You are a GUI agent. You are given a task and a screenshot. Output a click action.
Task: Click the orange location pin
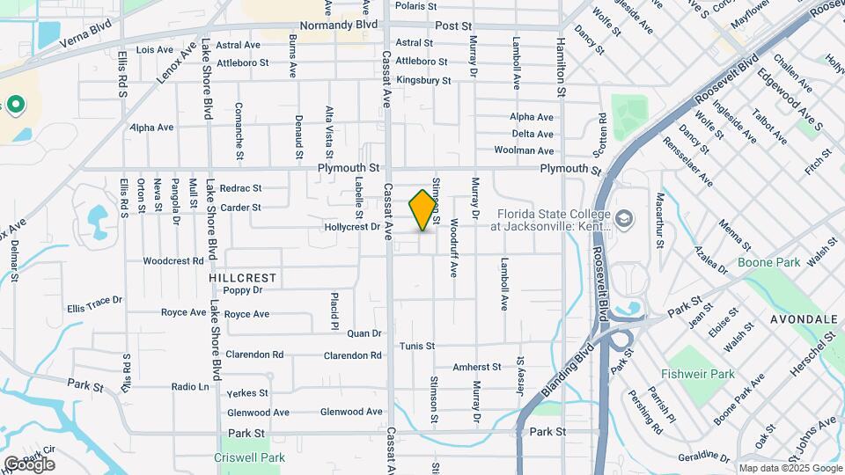(423, 210)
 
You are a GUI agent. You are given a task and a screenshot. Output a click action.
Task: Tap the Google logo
(28, 464)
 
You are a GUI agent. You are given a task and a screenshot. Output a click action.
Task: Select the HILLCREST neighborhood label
(243, 277)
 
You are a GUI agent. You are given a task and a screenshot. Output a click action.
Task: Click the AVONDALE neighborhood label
(804, 318)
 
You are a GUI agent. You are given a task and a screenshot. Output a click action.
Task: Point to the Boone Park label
(768, 262)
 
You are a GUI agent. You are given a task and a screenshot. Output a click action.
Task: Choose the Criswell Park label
(249, 457)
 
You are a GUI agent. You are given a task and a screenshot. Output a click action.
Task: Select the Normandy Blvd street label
(337, 26)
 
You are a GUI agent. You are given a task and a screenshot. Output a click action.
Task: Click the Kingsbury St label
(423, 81)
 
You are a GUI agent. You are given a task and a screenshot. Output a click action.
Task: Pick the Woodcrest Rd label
(173, 261)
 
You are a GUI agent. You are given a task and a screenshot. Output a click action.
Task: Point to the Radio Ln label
(190, 387)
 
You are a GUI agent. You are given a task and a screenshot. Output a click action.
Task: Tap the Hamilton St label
(559, 55)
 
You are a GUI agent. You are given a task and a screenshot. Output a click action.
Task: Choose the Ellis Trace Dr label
(94, 303)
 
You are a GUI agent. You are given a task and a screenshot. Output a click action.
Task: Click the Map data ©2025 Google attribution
(790, 468)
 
